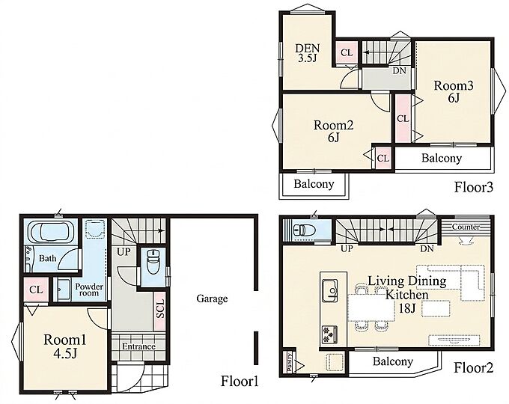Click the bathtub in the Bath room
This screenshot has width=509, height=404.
pos(50,232)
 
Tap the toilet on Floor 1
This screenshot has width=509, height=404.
pos(152,262)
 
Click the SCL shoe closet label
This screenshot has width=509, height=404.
pos(160,308)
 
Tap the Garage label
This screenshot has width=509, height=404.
pos(212,299)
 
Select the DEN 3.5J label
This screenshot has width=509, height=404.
pos(307,53)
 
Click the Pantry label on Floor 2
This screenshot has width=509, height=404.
pos(290,362)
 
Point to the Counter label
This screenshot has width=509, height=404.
pos(466,227)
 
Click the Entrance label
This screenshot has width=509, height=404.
pos(138,346)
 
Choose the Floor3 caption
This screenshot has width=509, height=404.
pos(474,187)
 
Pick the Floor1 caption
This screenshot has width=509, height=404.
pos(240,381)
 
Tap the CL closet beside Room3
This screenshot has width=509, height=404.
pos(403,119)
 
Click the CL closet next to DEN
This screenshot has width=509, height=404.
pos(347,52)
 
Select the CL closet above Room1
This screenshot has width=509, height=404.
pos(36,290)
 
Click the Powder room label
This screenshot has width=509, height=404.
pos(89,290)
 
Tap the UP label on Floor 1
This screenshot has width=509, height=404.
pos(124,251)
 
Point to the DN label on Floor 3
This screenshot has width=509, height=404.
pos(399,70)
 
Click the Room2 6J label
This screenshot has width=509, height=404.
pos(333,132)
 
